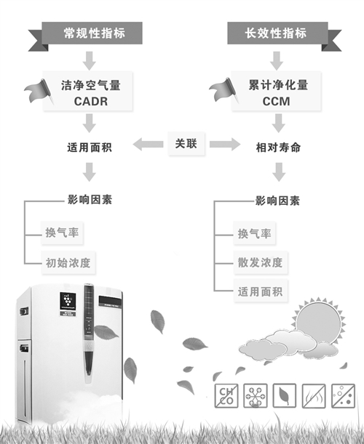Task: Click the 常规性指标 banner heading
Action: (94, 33)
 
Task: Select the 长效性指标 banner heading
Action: (276, 33)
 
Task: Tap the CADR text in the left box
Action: (91, 102)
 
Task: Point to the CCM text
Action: (277, 102)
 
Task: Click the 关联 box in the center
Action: (186, 144)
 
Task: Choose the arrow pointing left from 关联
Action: (148, 144)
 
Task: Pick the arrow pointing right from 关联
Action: (225, 144)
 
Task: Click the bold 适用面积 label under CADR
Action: (90, 148)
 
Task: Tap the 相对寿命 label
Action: (278, 148)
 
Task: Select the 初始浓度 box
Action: (68, 263)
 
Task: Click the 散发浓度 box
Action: (261, 262)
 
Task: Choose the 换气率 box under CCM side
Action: (255, 233)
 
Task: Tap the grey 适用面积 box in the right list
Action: (261, 291)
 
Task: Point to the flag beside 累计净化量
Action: (224, 91)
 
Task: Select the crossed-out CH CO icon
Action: (226, 396)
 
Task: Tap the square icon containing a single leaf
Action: (285, 396)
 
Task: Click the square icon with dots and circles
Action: (344, 396)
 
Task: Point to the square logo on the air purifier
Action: (68, 302)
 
